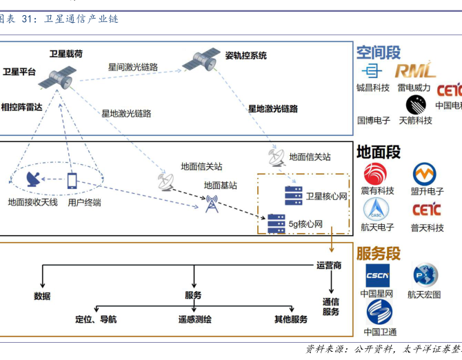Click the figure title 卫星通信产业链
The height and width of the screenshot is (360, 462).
pos(81,19)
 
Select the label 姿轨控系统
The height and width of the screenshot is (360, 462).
pos(245,55)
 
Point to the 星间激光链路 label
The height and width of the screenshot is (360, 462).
pos(133,67)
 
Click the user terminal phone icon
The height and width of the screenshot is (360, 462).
pos(72,181)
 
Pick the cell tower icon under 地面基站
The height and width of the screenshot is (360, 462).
pos(211,203)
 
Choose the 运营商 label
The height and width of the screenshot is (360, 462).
pos(329,266)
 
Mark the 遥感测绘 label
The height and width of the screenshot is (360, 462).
pos(195,319)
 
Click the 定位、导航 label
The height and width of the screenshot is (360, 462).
pos(96,319)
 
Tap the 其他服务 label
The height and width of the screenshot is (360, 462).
pos(290,319)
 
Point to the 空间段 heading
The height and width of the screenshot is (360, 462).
pos(378,53)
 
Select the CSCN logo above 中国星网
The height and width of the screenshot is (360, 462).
pos(378,275)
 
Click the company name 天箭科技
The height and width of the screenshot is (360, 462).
pos(415,120)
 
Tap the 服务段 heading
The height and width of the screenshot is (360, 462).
pos(378,252)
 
